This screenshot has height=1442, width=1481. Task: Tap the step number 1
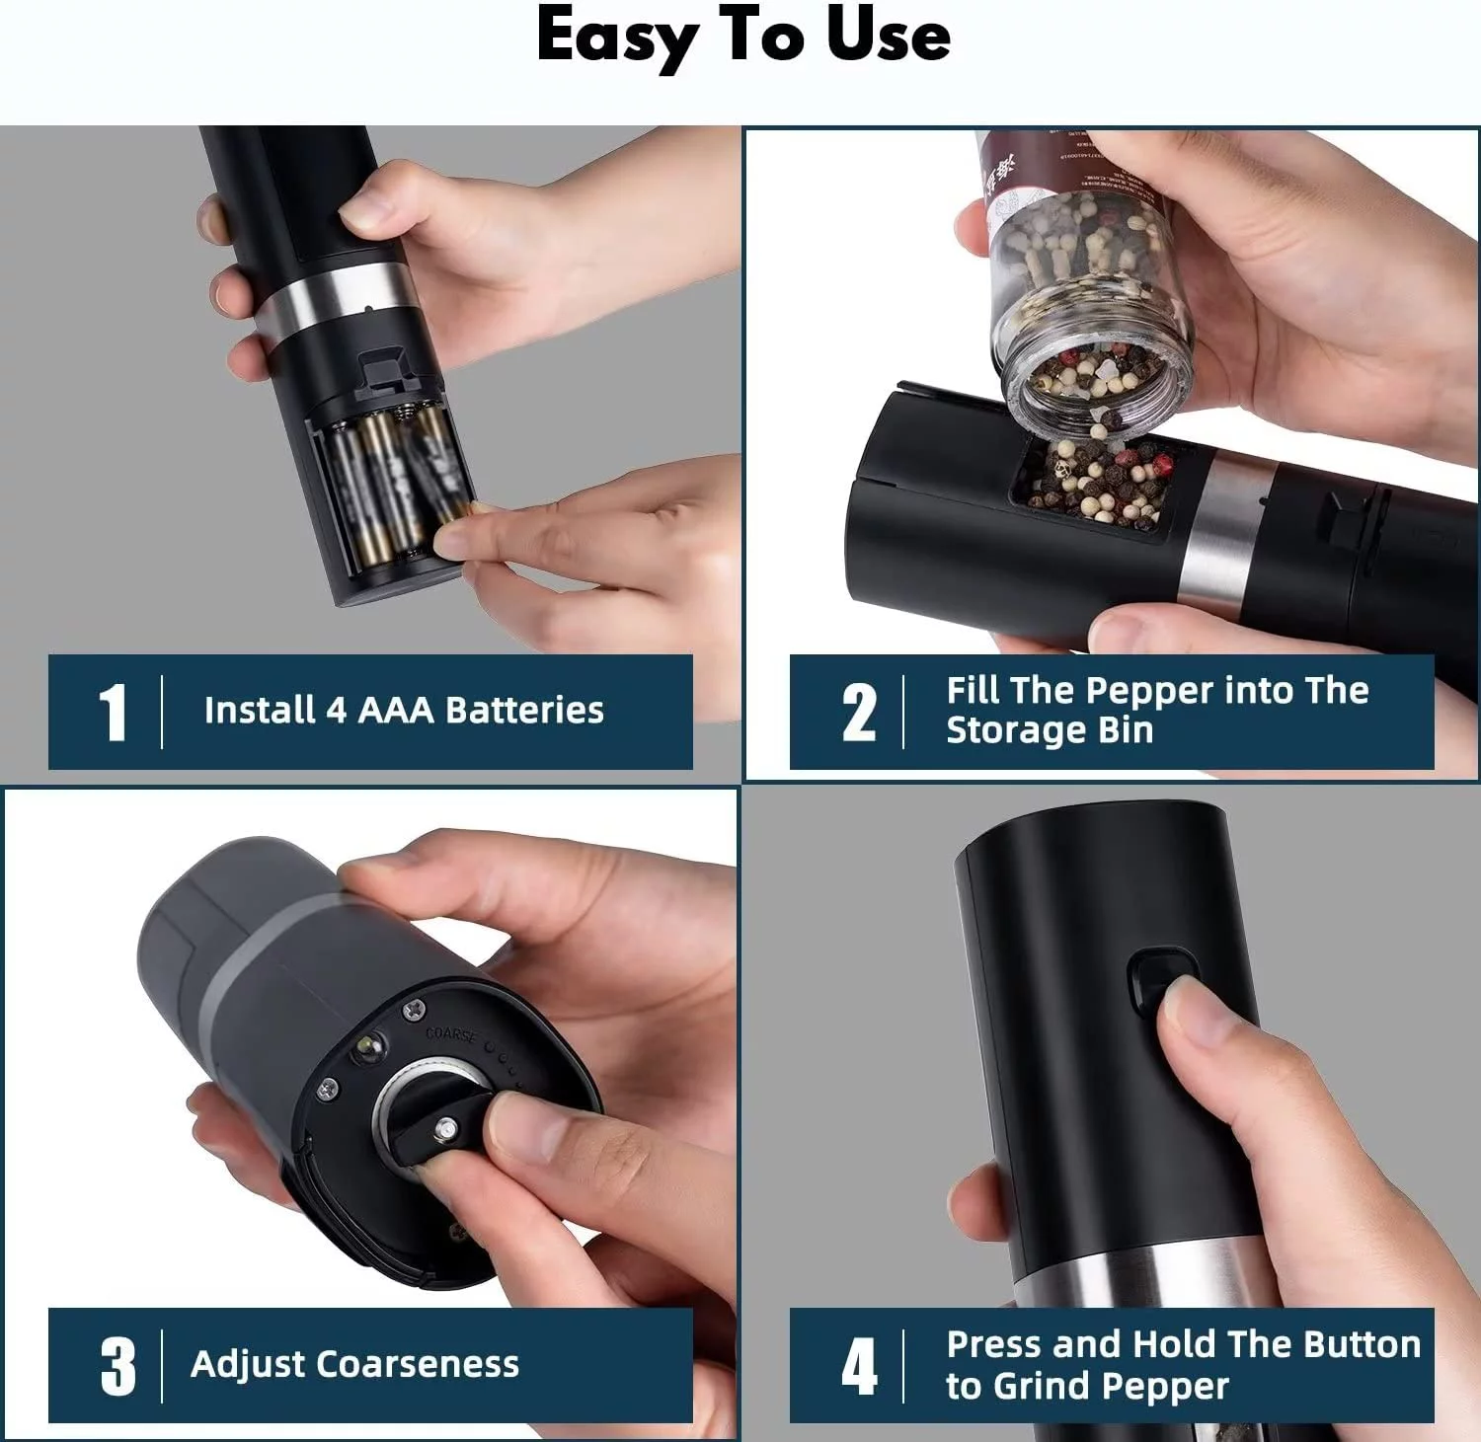point(113,713)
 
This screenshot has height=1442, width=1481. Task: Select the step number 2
point(858,713)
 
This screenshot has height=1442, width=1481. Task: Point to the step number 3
point(117,1367)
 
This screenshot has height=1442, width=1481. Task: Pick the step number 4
point(858,1367)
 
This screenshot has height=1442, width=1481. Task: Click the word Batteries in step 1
point(524,711)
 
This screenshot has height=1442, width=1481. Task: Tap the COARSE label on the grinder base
point(450,1035)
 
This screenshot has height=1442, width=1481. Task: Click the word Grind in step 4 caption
point(1043,1387)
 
